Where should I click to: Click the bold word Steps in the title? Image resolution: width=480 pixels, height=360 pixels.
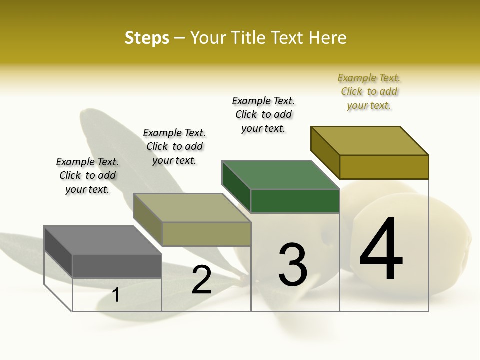pos(147,38)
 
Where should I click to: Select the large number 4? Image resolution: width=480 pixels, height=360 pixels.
pos(381,249)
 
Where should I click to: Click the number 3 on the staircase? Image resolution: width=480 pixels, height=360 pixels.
pos(293,265)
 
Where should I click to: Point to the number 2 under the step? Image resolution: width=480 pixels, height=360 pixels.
pos(201,280)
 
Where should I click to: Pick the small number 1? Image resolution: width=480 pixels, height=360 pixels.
pos(116,295)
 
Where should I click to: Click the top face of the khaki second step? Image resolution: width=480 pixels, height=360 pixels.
pos(192,208)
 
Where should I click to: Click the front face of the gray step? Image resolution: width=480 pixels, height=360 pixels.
pos(117,266)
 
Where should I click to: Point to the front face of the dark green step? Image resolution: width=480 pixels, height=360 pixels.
pos(295,201)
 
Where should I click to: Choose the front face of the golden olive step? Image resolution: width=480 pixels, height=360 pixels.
pos(384,167)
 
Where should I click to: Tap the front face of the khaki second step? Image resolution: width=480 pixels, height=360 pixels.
pos(206,234)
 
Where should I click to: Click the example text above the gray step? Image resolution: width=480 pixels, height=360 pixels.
pos(87,175)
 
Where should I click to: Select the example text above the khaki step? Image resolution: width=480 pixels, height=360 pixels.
pos(174,146)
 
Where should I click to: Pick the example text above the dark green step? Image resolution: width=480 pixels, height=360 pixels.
pos(263,114)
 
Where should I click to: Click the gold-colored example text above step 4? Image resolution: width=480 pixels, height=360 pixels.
pos(369,91)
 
